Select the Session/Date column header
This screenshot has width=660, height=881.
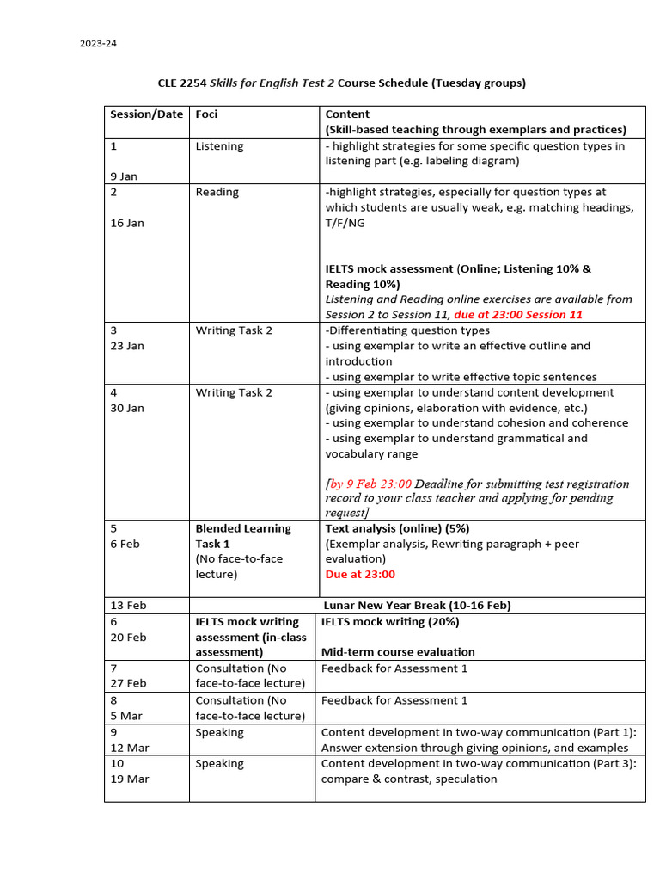point(146,114)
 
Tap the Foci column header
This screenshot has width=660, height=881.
point(206,114)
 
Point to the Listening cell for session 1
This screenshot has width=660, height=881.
point(219,146)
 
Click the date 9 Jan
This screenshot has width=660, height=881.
point(124,176)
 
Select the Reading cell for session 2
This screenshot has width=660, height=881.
point(217,192)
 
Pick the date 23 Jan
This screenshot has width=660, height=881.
point(127,346)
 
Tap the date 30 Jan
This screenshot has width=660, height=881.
point(127,408)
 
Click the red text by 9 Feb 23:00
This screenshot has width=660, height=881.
point(370,484)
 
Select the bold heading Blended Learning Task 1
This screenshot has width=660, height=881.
point(243,536)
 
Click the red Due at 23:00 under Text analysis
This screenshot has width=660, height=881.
point(360,574)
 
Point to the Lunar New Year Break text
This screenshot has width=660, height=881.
point(417,606)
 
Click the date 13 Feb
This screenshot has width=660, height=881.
point(128,606)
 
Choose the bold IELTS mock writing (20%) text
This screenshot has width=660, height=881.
point(390,621)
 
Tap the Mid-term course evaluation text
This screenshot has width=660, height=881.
point(398,652)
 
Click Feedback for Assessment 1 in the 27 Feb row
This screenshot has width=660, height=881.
point(394,668)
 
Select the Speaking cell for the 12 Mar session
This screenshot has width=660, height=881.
point(219,733)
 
